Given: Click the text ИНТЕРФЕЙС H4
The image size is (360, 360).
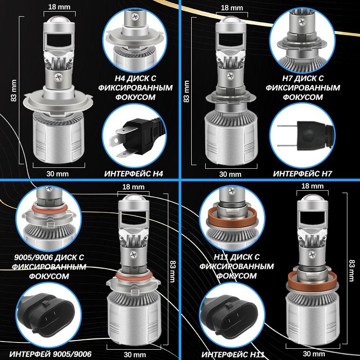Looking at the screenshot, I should pyautogui.click(x=133, y=173).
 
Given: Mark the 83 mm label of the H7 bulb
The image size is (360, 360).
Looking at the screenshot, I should pyautogui.click(x=186, y=93).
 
